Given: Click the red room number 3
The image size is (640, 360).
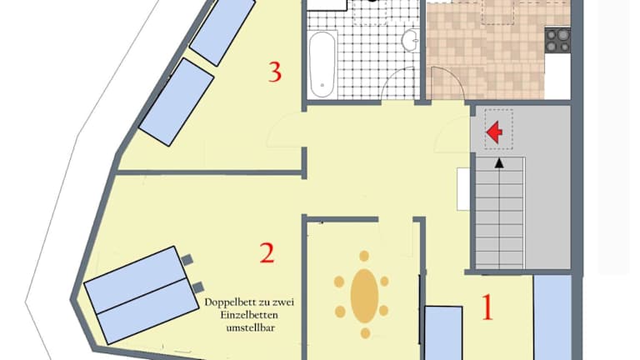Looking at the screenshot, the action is pyautogui.click(x=275, y=72).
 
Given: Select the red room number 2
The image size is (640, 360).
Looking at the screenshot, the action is pyautogui.click(x=267, y=252).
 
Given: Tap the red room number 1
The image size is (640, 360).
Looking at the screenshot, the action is pyautogui.click(x=487, y=307).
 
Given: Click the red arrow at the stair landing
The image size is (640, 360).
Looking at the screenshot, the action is pyautogui.click(x=495, y=132).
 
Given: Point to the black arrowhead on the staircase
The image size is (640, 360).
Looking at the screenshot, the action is pyautogui.click(x=499, y=162).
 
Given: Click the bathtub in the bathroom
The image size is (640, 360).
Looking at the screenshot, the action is pyautogui.click(x=322, y=64).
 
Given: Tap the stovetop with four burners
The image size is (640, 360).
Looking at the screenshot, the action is pyautogui.click(x=557, y=40).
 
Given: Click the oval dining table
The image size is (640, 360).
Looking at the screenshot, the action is pyautogui.click(x=364, y=296).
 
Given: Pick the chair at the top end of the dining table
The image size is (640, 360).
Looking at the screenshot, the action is pyautogui.click(x=364, y=257).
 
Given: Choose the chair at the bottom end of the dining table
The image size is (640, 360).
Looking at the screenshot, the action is pyautogui.click(x=365, y=333).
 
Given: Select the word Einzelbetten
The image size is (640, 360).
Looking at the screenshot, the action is pyautogui.click(x=249, y=315).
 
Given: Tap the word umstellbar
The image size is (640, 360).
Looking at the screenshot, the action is pyautogui.click(x=251, y=327).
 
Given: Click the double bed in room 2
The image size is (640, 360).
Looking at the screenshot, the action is pyautogui.click(x=139, y=295).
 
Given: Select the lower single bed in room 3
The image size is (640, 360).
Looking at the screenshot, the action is pyautogui.click(x=177, y=102).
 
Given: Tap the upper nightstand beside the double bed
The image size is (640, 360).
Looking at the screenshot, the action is pyautogui.click(x=187, y=260).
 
